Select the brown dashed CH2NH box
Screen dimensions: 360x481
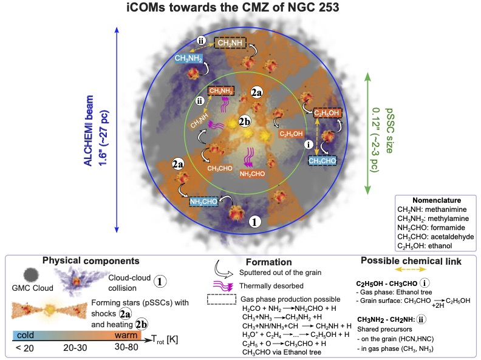(228, 42)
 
